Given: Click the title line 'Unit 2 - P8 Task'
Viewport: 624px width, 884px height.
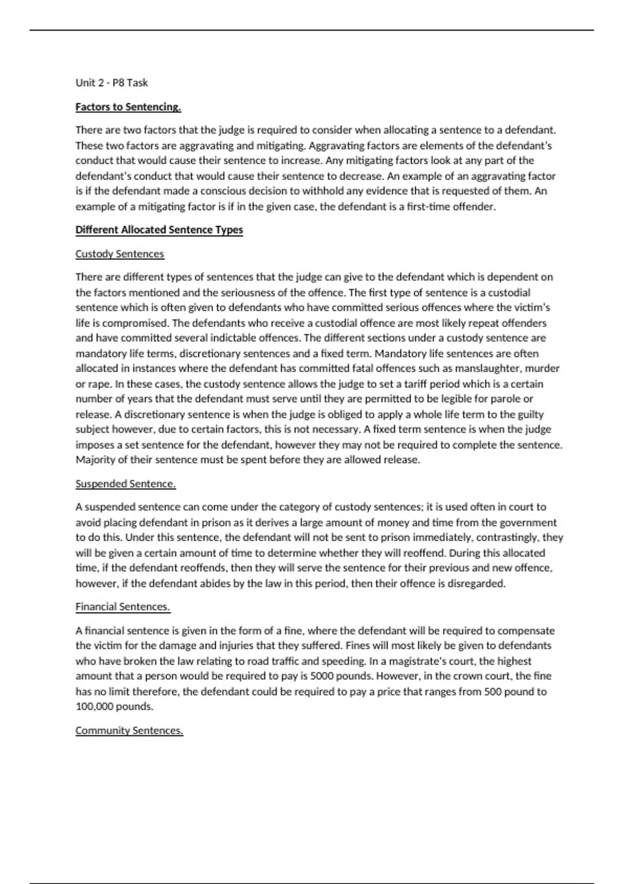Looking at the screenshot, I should [x=111, y=83].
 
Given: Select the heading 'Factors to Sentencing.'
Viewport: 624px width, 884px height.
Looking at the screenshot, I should [x=128, y=107].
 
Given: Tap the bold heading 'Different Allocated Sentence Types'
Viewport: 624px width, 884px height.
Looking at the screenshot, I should [x=159, y=230].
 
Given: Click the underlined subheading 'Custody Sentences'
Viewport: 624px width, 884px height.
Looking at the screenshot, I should [x=120, y=254].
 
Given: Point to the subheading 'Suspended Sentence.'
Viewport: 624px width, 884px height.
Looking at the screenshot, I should [x=125, y=484].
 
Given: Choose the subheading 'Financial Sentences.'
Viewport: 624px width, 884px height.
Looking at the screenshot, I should [x=123, y=607].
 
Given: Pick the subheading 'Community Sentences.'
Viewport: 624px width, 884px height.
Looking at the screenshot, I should [x=129, y=731].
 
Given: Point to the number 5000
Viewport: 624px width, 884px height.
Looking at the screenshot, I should [x=323, y=677].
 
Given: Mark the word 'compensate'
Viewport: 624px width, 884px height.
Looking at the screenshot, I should [x=526, y=631].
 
